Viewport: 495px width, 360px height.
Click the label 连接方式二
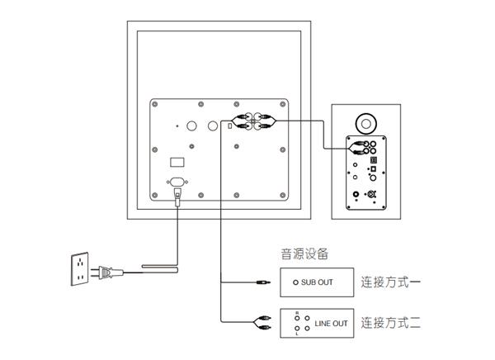pos(392,323)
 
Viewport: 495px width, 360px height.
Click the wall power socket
pos(79,268)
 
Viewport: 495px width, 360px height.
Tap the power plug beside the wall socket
pos(106,269)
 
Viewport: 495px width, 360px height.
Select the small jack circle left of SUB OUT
pos(295,283)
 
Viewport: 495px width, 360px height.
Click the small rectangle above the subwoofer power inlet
pos(177,161)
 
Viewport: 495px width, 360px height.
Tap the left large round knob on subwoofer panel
pos(191,128)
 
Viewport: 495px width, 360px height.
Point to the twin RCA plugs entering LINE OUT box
pos(265,322)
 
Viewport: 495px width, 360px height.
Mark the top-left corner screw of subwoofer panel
pos(155,104)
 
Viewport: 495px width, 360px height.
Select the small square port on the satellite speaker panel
pos(373,170)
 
